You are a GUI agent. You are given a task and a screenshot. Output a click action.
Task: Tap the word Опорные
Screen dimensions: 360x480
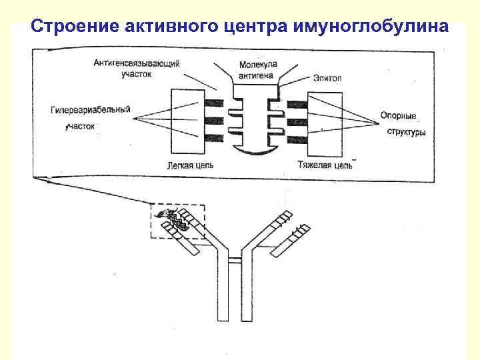click(398, 115)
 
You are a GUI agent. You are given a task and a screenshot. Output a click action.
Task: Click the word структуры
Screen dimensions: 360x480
click(407, 131)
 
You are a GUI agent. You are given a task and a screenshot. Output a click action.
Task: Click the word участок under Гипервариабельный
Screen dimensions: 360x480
click(79, 126)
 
